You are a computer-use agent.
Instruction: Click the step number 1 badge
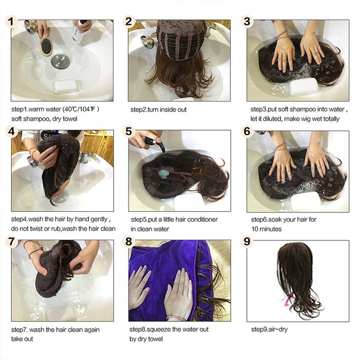[11, 22]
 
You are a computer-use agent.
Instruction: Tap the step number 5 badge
[129, 131]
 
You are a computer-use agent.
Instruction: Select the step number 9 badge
[247, 242]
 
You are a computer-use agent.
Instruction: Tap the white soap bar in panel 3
[304, 87]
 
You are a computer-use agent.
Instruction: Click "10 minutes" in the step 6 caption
[266, 229]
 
